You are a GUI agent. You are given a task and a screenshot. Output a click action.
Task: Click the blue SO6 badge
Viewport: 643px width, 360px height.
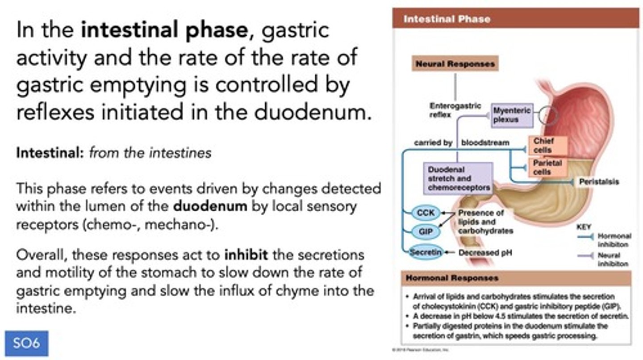(26, 343)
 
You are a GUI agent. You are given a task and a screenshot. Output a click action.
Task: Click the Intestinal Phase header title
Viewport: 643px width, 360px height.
(446, 19)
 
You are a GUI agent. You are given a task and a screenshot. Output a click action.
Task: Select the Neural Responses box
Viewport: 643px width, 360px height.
(455, 64)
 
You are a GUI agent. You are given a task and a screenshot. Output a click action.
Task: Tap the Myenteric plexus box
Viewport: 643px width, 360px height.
(512, 115)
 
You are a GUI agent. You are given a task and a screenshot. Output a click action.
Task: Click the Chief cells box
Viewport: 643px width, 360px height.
(547, 146)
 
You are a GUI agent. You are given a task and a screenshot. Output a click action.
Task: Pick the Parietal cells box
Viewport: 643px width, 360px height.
(547, 167)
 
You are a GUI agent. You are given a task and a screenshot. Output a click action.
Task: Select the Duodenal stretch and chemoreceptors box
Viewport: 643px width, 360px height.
(458, 179)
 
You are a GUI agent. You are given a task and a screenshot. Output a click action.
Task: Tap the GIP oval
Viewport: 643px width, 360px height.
(426, 232)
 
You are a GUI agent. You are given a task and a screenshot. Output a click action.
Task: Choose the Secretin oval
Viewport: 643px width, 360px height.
(426, 252)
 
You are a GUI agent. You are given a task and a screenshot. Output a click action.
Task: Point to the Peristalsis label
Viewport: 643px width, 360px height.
(599, 182)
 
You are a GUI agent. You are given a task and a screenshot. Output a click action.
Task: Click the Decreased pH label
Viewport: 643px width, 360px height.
(485, 253)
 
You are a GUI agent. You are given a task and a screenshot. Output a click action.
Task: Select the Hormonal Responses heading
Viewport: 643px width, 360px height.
(451, 278)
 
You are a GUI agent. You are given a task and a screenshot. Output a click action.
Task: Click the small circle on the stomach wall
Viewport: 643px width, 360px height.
(548, 116)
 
